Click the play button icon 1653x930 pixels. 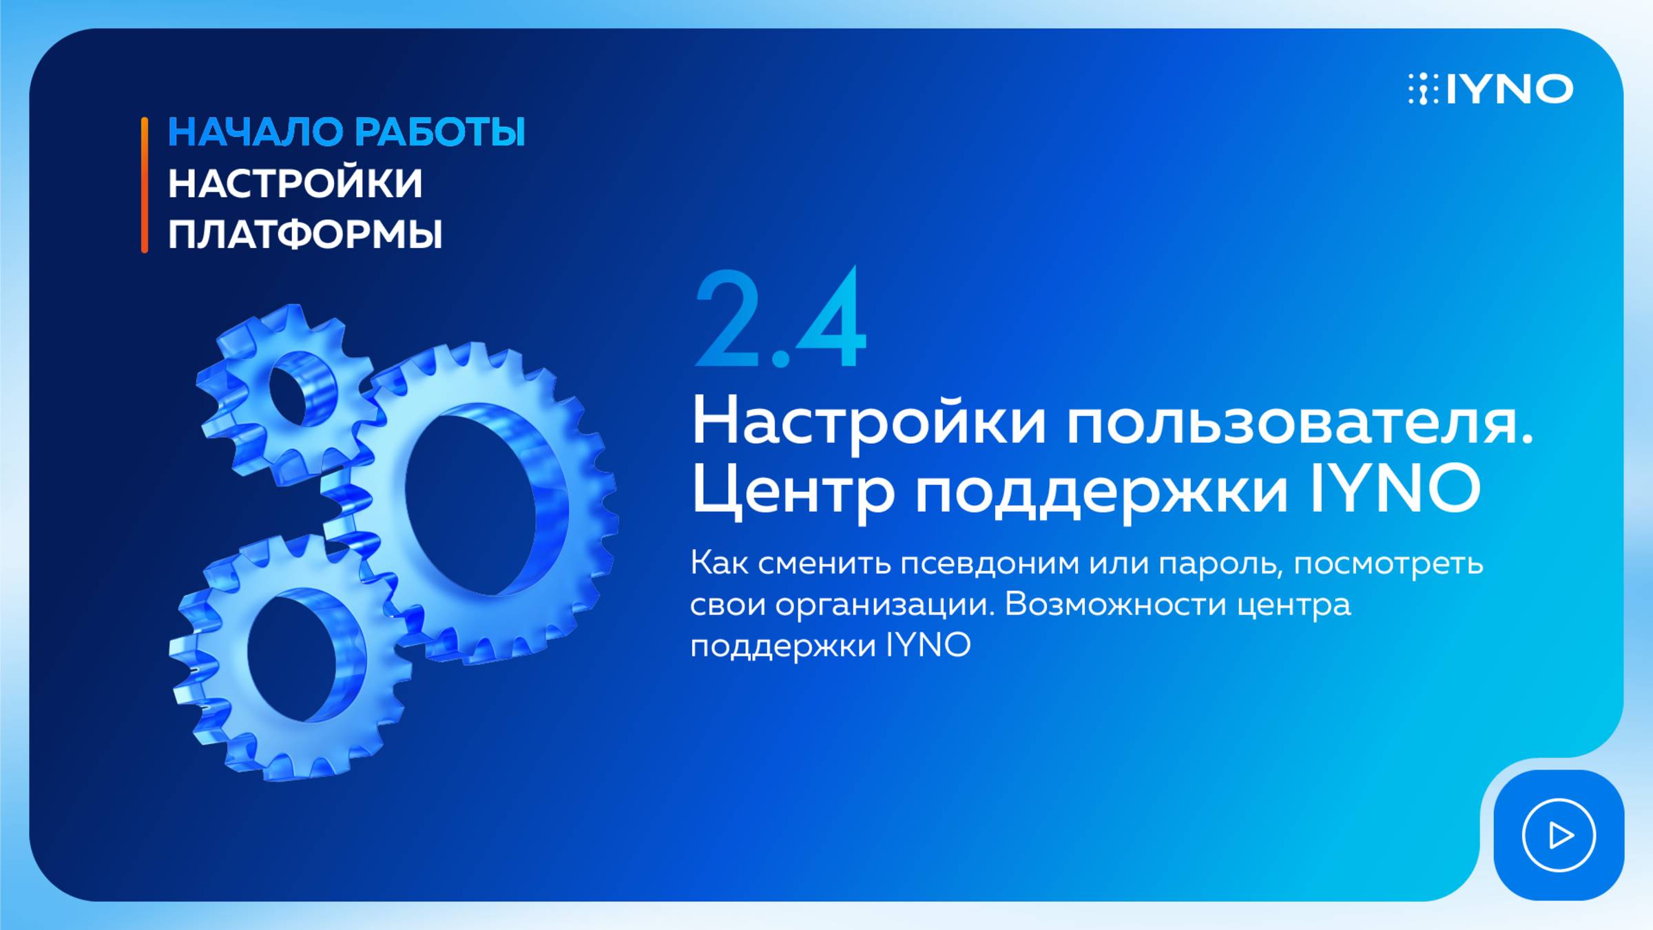click(1559, 835)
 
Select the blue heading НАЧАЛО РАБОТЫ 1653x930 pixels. click(346, 132)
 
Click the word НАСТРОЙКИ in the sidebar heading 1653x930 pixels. click(295, 183)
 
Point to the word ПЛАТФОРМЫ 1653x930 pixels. click(304, 234)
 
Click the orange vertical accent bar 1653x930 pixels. click(145, 185)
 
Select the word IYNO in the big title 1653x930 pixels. click(1395, 488)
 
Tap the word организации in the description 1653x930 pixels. click(884, 606)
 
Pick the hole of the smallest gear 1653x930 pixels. click(301, 389)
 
